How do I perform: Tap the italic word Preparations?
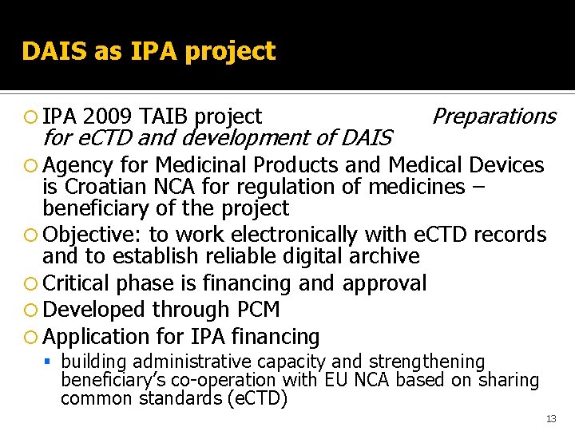[x=493, y=117]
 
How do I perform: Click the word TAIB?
[x=164, y=117]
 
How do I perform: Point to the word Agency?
[x=78, y=166]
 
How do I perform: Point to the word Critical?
[x=76, y=283]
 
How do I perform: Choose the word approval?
[x=384, y=283]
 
